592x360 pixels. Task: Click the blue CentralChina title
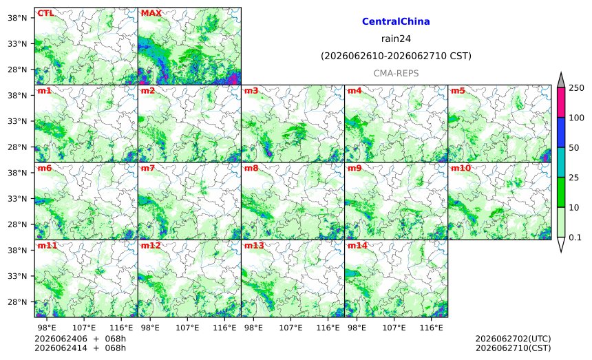tap(396, 21)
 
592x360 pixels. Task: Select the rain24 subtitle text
tap(396, 39)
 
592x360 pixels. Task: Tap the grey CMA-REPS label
tap(396, 73)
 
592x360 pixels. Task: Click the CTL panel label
tap(45, 13)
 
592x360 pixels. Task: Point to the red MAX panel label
tap(151, 13)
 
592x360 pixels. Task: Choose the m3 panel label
tap(251, 91)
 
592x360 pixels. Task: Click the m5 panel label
tap(458, 91)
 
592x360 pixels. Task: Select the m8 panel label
tap(251, 168)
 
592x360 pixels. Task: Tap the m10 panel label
tap(461, 168)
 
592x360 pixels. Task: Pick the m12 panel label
tap(151, 245)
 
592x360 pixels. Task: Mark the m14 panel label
tap(357, 245)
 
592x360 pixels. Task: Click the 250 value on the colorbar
tap(576, 88)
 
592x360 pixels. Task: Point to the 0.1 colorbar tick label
tap(575, 237)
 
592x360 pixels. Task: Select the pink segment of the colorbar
tap(560, 103)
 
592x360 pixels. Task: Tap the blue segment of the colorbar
tap(560, 132)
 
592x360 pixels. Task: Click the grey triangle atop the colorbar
tap(560, 81)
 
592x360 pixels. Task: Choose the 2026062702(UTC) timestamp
tap(513, 339)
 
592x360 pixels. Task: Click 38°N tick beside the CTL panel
tap(17, 18)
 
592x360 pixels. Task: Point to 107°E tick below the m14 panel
tap(394, 328)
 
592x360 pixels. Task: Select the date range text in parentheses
tap(396, 56)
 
